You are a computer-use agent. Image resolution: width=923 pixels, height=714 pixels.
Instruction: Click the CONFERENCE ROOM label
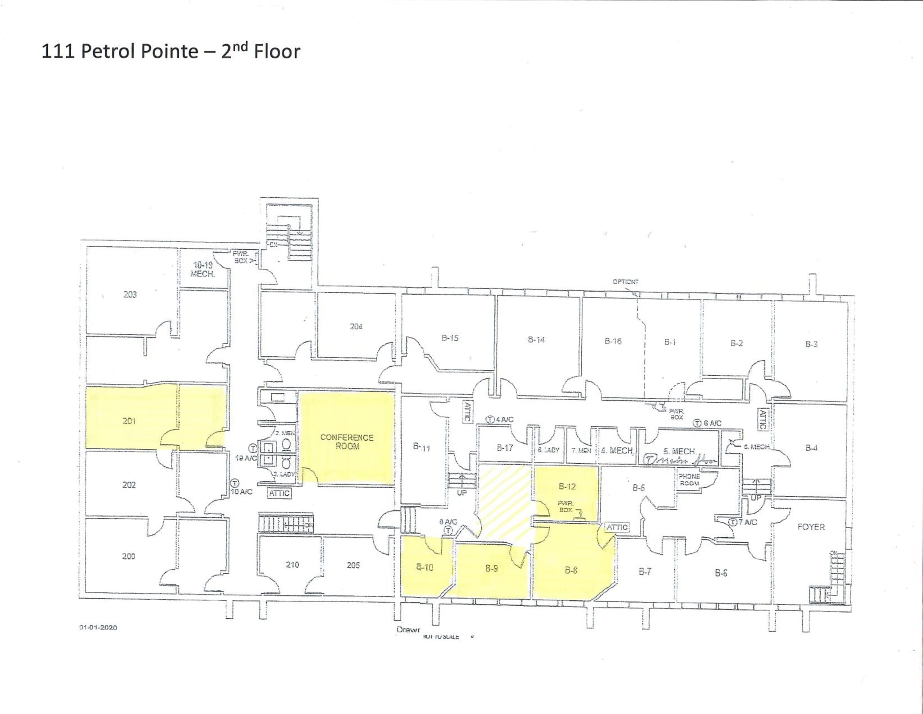347,442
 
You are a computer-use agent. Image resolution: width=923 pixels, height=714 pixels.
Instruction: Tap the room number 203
130,295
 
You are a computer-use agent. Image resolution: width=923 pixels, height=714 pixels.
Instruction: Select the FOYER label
811,526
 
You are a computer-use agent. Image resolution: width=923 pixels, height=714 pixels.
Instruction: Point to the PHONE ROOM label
689,479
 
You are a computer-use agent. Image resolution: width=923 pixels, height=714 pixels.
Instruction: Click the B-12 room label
567,486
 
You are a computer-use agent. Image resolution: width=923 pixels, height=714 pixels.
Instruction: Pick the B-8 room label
571,571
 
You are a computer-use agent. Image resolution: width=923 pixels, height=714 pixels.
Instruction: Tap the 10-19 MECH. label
202,269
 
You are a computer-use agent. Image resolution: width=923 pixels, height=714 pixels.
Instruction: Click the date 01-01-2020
98,627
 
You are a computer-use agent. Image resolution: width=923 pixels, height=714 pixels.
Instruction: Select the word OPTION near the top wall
625,281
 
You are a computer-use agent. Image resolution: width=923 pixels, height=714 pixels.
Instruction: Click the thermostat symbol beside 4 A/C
490,419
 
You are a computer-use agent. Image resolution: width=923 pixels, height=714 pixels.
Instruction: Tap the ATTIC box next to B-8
617,527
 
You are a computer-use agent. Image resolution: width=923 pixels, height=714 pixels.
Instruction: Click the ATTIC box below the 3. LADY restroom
279,493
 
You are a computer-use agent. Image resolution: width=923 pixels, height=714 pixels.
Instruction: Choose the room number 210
292,564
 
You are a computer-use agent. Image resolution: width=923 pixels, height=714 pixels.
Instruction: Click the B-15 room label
450,338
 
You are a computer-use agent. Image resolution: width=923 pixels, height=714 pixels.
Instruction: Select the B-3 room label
811,344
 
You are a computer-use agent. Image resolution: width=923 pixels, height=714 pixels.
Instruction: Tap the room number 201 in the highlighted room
129,421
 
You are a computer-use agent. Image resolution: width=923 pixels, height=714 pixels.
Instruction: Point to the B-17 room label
505,448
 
